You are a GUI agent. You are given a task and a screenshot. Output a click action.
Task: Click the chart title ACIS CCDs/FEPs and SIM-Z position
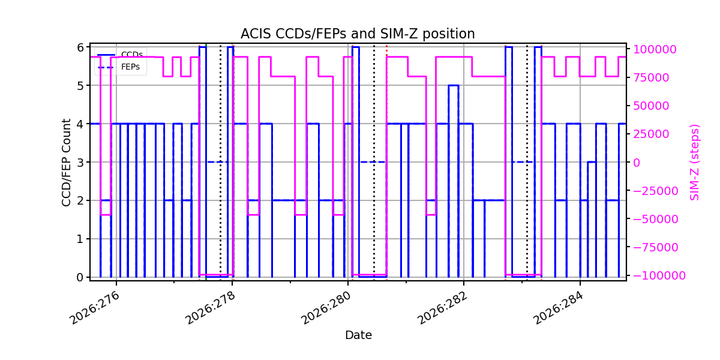[x=358, y=34]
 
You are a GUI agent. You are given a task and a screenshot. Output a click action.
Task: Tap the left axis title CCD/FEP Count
[x=66, y=163]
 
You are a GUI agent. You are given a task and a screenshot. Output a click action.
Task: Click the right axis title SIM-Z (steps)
[x=694, y=163]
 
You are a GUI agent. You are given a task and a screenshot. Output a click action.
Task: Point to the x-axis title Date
[x=358, y=335]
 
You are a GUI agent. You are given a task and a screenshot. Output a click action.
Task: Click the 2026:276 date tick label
[x=95, y=308]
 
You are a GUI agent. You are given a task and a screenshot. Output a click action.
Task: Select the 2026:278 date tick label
[x=210, y=308]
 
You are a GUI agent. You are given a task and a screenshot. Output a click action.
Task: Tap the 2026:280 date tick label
[x=326, y=308]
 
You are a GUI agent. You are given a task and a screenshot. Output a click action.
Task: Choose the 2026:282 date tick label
[x=442, y=308]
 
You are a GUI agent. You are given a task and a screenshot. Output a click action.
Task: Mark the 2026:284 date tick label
[x=558, y=308]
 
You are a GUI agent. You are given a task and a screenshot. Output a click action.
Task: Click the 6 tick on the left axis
[x=80, y=47]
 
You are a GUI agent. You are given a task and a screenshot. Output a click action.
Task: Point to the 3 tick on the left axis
[x=80, y=163]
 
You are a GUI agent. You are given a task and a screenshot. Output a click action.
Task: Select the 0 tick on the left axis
[x=80, y=277]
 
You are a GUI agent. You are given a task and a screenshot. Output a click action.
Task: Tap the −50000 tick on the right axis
[x=656, y=219]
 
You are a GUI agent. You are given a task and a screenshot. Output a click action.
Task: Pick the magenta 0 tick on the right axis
[x=637, y=163]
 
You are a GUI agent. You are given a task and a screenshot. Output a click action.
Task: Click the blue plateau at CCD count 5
[x=454, y=85]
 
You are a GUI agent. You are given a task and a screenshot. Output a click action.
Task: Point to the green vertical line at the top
[x=206, y=46]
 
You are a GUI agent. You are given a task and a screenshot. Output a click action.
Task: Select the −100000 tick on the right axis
[x=659, y=275]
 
